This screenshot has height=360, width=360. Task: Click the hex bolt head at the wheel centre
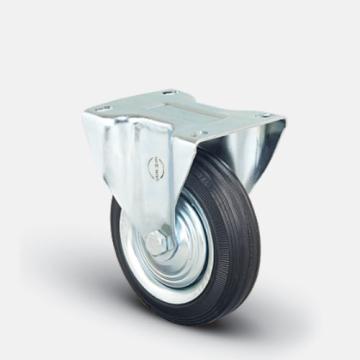155,242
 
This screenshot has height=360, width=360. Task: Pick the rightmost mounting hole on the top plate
265,115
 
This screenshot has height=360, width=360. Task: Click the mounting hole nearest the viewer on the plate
199,132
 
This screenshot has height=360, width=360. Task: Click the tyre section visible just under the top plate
215,160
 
